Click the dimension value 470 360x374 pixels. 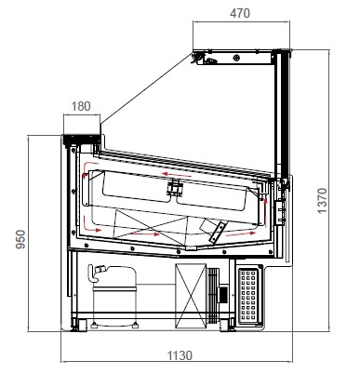[240, 13]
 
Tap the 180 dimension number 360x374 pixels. [81, 106]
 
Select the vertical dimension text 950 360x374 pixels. [20, 239]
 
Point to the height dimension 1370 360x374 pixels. [322, 201]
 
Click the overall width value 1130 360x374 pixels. [180, 355]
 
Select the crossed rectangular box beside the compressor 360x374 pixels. [191, 296]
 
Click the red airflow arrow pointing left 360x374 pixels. [177, 175]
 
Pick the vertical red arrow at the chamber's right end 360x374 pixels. [265, 212]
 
